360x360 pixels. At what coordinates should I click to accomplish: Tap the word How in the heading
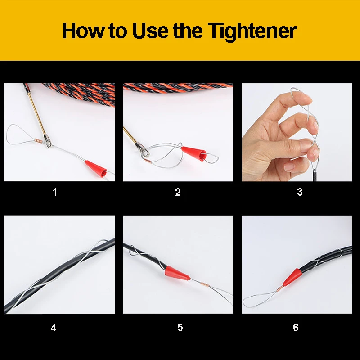(83, 30)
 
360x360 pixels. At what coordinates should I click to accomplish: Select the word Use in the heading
(151, 31)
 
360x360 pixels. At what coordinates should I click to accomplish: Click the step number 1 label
(55, 192)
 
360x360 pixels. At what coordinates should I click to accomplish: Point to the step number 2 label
(178, 192)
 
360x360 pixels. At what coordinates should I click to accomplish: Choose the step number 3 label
(300, 192)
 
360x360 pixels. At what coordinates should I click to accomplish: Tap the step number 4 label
(54, 328)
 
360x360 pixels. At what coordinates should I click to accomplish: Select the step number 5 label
(180, 328)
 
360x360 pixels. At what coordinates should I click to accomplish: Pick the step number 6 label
(296, 328)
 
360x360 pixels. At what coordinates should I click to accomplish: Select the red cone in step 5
(177, 273)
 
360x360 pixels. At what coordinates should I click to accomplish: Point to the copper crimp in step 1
(38, 140)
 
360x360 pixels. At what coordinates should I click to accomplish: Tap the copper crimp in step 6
(279, 289)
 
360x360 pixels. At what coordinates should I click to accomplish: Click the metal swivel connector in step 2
(143, 150)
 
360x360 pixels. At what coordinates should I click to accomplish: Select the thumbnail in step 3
(288, 166)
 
